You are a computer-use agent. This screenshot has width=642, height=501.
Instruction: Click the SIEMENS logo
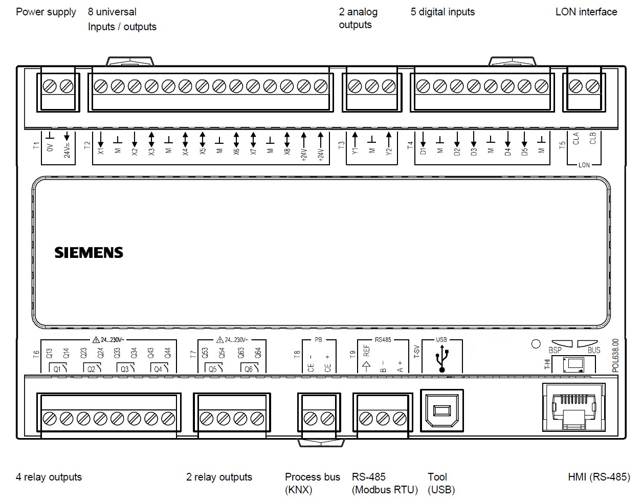point(89,252)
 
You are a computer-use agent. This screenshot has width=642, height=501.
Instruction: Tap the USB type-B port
point(441,410)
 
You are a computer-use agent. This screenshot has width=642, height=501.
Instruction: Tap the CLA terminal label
point(575,139)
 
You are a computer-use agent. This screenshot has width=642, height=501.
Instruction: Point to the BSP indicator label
point(555,351)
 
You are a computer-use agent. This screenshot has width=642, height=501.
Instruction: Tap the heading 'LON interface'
point(586,12)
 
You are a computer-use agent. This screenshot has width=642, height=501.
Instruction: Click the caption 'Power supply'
point(46,12)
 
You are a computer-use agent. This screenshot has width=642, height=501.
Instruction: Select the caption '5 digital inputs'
point(442,12)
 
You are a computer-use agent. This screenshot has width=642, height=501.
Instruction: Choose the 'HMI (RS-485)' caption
point(599,477)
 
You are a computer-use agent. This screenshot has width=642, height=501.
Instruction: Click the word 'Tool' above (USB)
point(437,477)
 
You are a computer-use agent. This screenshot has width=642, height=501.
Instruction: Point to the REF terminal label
point(366,351)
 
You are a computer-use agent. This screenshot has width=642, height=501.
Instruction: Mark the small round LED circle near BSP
point(536,344)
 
